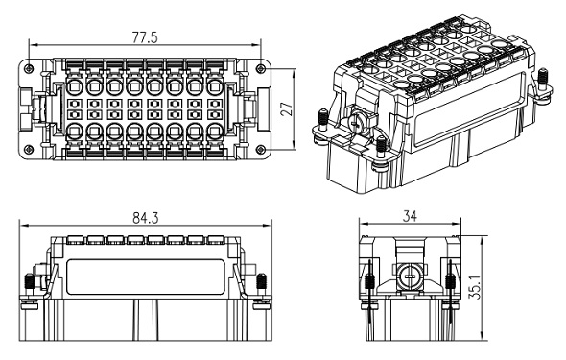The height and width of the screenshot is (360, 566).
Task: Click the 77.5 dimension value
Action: point(145,37)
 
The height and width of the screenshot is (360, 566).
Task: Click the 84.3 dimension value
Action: point(146,218)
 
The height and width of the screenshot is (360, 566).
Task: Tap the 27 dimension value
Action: point(287,108)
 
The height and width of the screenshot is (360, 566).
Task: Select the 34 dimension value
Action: point(410,216)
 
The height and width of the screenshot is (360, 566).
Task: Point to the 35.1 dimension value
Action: point(477,287)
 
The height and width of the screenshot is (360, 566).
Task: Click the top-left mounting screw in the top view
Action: point(29,68)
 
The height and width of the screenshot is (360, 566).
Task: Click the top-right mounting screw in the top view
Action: point(261,68)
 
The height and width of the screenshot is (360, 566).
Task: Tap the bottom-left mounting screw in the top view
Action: point(29,149)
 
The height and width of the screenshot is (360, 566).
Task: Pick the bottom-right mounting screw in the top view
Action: point(261,149)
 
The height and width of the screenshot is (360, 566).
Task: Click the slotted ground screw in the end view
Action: point(409,276)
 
